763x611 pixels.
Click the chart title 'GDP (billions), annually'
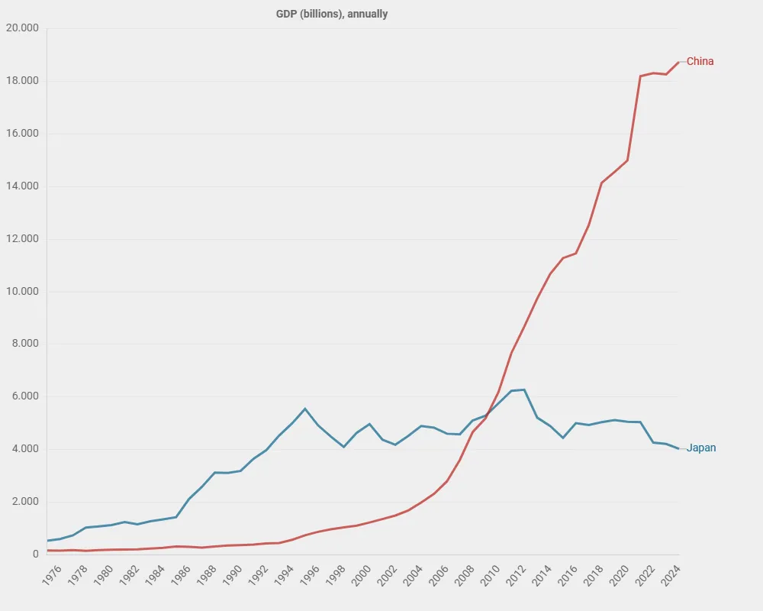331,14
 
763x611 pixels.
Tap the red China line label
700,61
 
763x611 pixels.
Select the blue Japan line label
700,448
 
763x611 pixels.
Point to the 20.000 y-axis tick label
22,27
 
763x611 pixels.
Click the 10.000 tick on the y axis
22,291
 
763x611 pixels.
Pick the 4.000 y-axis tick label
25,449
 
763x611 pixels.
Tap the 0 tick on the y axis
36,554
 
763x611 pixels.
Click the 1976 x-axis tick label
52,575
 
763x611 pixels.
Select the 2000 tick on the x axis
362,575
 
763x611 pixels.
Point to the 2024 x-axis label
671,575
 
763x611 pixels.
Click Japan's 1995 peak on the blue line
305,409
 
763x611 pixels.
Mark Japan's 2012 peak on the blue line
524,390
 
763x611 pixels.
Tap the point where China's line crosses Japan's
488,415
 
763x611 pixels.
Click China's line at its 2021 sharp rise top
640,76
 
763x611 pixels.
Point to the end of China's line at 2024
678,63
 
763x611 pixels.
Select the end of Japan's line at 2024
678,449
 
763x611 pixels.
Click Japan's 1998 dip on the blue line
343,446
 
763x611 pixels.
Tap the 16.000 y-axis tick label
22,133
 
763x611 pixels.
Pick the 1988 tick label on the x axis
207,575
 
